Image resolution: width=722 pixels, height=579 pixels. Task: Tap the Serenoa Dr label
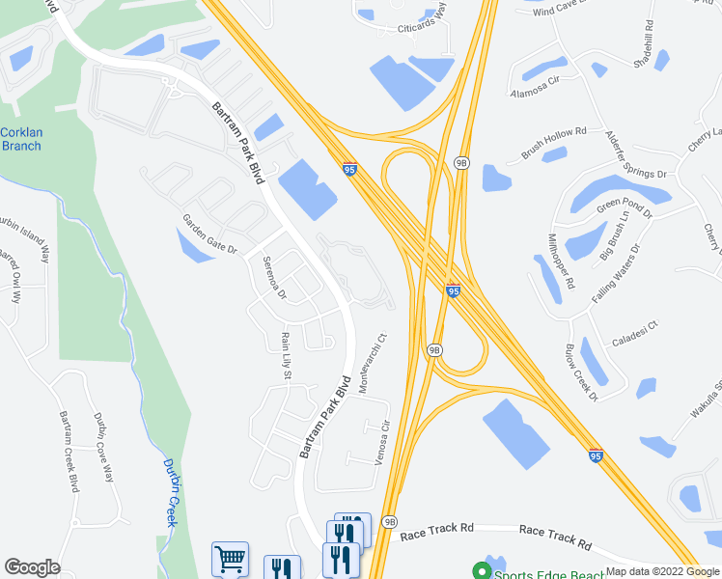pyautogui.click(x=274, y=277)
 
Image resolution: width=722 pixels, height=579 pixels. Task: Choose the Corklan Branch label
pyautogui.click(x=20, y=139)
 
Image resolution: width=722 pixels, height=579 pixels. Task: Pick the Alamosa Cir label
pyautogui.click(x=535, y=89)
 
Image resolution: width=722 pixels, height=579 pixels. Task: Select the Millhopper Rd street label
pyautogui.click(x=561, y=262)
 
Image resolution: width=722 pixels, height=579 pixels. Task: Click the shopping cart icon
pyautogui.click(x=230, y=559)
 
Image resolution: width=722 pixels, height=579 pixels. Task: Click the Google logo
pyautogui.click(x=32, y=567)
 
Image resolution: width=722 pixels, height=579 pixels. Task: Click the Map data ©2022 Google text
pyautogui.click(x=663, y=571)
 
